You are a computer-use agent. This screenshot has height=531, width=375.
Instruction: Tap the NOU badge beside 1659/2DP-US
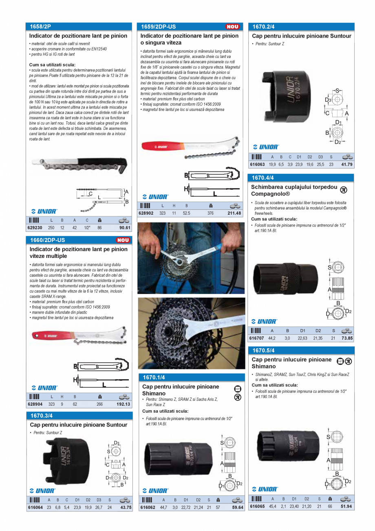click(232, 27)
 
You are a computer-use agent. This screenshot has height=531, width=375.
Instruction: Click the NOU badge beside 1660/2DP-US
click(123, 240)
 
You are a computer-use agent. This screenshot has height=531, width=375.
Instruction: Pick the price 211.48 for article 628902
click(234, 213)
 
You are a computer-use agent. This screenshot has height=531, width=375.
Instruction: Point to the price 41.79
click(347, 164)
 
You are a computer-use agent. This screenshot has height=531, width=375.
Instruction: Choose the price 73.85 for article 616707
click(347, 338)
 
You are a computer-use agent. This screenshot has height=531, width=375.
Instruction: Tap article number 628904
click(35, 404)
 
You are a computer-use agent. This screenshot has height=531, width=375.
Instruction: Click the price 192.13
click(124, 404)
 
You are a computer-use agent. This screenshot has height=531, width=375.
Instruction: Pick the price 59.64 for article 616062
click(238, 508)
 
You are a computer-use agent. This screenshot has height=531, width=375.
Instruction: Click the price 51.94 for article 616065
click(346, 507)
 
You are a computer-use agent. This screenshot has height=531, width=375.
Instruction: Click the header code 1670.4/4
click(263, 178)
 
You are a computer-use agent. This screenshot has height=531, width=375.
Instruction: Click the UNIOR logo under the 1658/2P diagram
click(44, 211)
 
